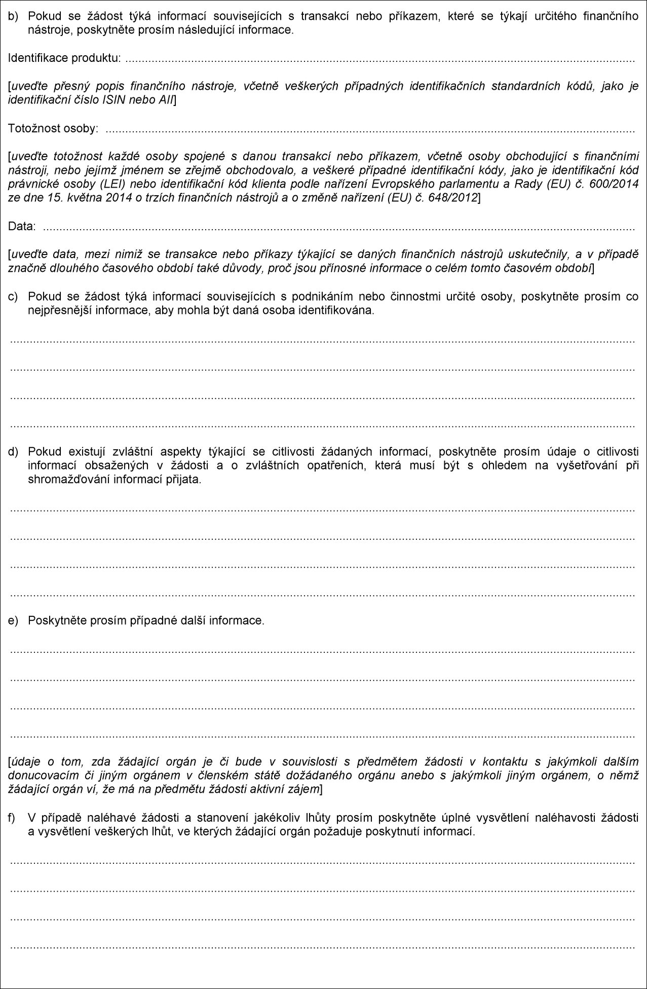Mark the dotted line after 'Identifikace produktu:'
tap(380, 60)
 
